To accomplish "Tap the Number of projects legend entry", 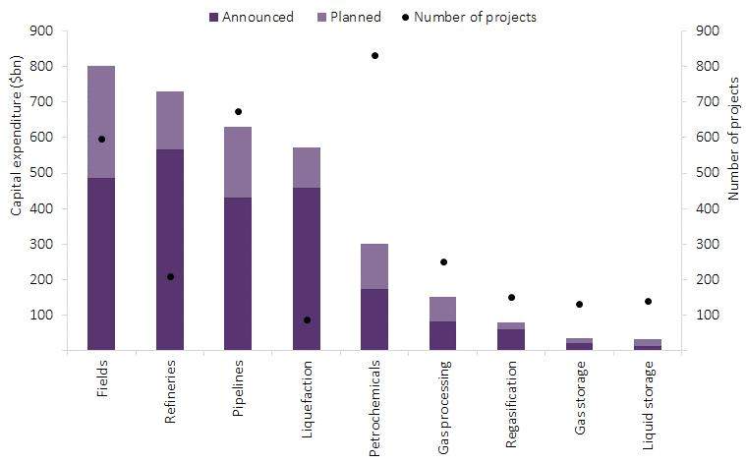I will tap(476, 17).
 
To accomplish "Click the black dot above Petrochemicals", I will tap(374, 55).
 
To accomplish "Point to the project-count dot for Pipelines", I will tap(238, 111).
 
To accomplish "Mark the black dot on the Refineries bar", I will tap(170, 276).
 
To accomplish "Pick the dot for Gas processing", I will tap(443, 261).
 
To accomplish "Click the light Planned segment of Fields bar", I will tap(101, 122).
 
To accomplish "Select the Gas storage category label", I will tap(580, 397).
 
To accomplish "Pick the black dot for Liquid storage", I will tap(648, 301).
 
